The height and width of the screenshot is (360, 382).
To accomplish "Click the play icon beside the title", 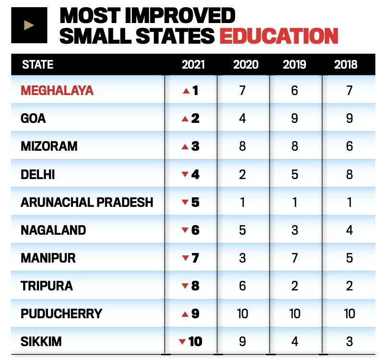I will tap(29, 25).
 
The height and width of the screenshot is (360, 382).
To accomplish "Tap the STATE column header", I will tap(37, 64).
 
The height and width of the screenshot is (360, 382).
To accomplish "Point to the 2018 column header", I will tap(346, 64).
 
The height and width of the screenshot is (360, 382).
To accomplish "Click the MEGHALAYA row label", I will tap(57, 90).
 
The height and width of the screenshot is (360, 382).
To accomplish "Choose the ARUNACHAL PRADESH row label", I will tap(87, 202).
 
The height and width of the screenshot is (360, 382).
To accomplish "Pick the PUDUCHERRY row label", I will tap(61, 314).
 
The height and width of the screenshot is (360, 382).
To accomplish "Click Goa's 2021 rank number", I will tap(195, 118).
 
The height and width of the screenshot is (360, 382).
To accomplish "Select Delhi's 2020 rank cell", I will tap(242, 174).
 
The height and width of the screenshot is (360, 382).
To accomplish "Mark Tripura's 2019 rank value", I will tap(295, 286).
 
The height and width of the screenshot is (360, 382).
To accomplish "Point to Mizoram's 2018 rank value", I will tap(349, 146).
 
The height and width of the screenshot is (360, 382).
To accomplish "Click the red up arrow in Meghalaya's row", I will tap(186, 91).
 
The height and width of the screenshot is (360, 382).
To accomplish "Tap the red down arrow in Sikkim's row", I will tap(182, 342).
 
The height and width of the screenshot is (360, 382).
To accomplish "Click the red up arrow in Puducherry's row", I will tap(186, 314).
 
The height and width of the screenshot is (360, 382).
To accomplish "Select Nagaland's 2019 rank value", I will tap(295, 230).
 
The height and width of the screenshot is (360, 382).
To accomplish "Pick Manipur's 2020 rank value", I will tap(242, 258).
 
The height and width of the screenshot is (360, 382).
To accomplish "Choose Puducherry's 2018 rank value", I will tap(349, 314).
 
